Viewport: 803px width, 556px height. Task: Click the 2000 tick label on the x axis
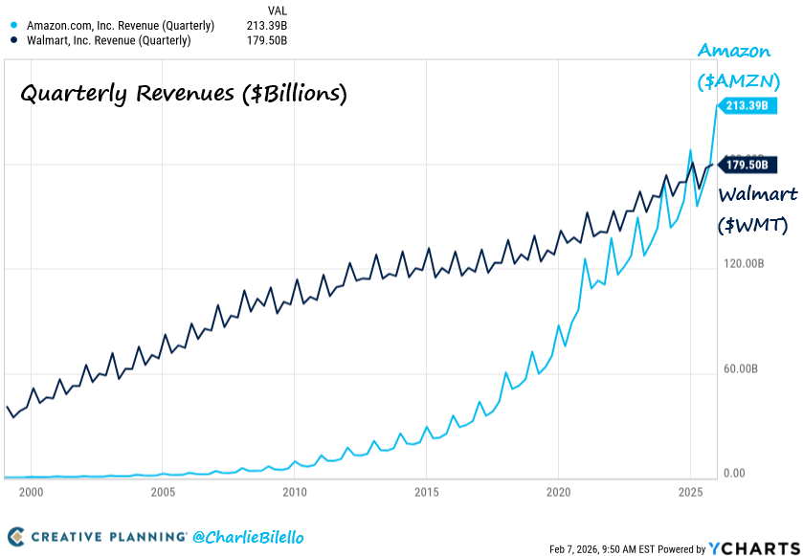[31, 492]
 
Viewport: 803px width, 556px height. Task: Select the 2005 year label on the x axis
[163, 492]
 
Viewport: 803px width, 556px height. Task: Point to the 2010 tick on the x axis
[295, 492]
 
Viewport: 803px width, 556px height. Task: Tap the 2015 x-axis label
[427, 492]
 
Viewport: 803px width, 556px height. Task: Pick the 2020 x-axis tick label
[558, 492]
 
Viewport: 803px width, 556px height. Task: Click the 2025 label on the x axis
[690, 492]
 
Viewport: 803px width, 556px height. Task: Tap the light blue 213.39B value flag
[747, 105]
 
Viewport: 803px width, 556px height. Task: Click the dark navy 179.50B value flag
[747, 166]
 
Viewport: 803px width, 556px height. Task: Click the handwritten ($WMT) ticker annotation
[753, 226]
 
